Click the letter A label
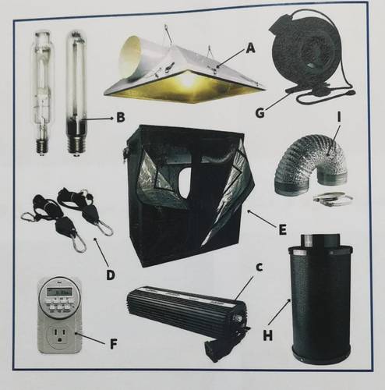250,48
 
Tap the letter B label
121,117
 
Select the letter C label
259,268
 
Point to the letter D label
111,275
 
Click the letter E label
282,230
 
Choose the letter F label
114,344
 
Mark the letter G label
260,113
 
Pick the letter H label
268,335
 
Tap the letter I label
339,117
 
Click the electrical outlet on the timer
58,335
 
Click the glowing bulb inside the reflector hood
188,80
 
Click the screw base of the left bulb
42,147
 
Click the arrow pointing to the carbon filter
281,314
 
